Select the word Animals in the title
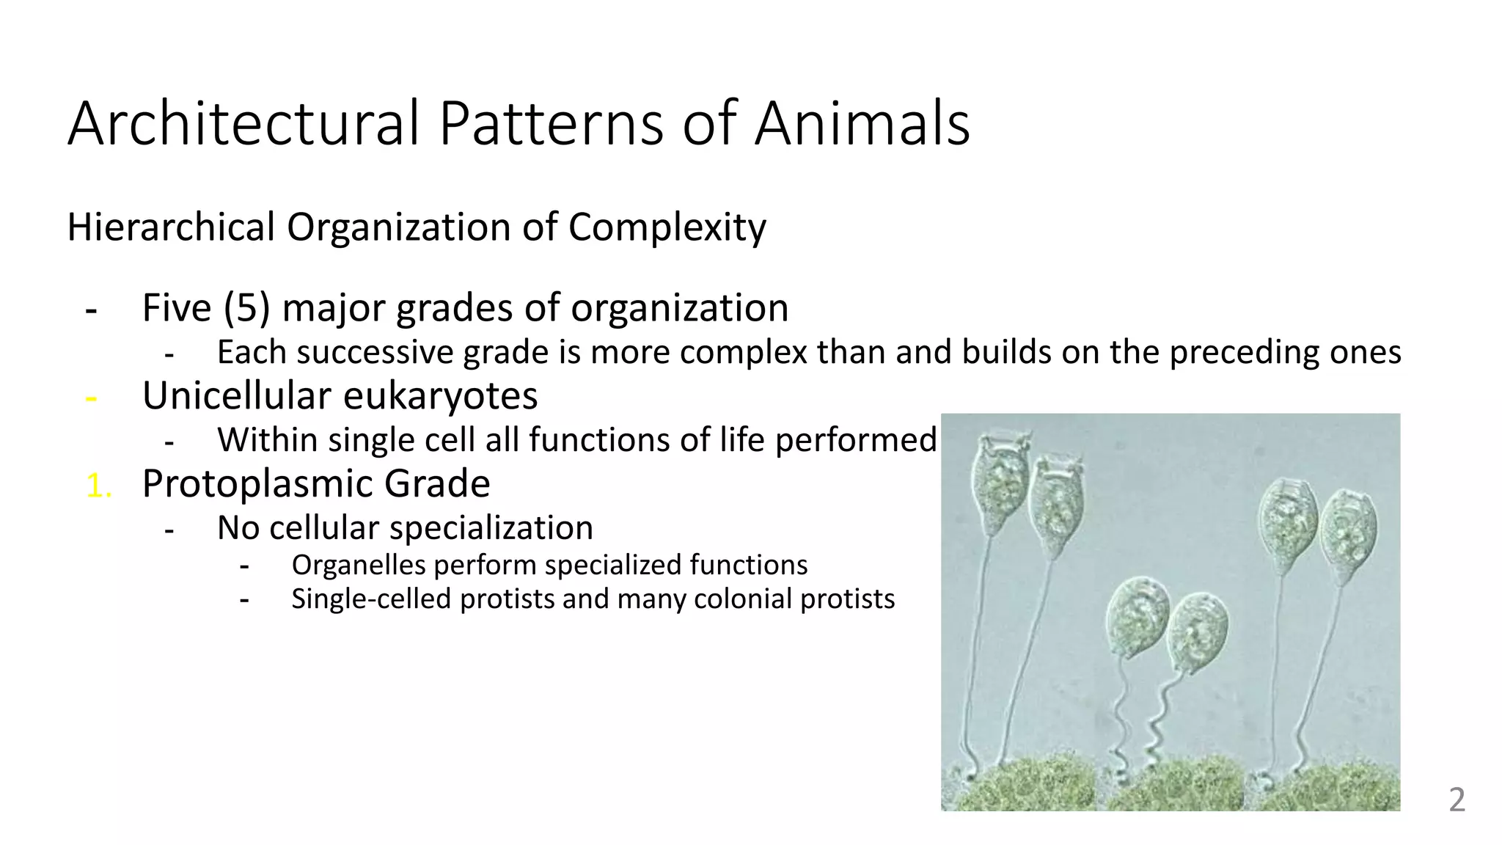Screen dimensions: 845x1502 pyautogui.click(x=862, y=123)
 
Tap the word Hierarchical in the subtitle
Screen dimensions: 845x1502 pyautogui.click(x=170, y=227)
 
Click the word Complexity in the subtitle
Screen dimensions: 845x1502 pyautogui.click(x=667, y=227)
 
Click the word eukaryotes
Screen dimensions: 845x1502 pyautogui.click(x=440, y=396)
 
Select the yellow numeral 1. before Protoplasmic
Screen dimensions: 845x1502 pyautogui.click(x=98, y=486)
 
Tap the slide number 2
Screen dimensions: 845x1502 pyautogui.click(x=1457, y=800)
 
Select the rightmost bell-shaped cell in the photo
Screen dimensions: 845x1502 pyautogui.click(x=1348, y=535)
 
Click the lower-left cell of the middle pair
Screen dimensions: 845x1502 pyautogui.click(x=1136, y=616)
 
